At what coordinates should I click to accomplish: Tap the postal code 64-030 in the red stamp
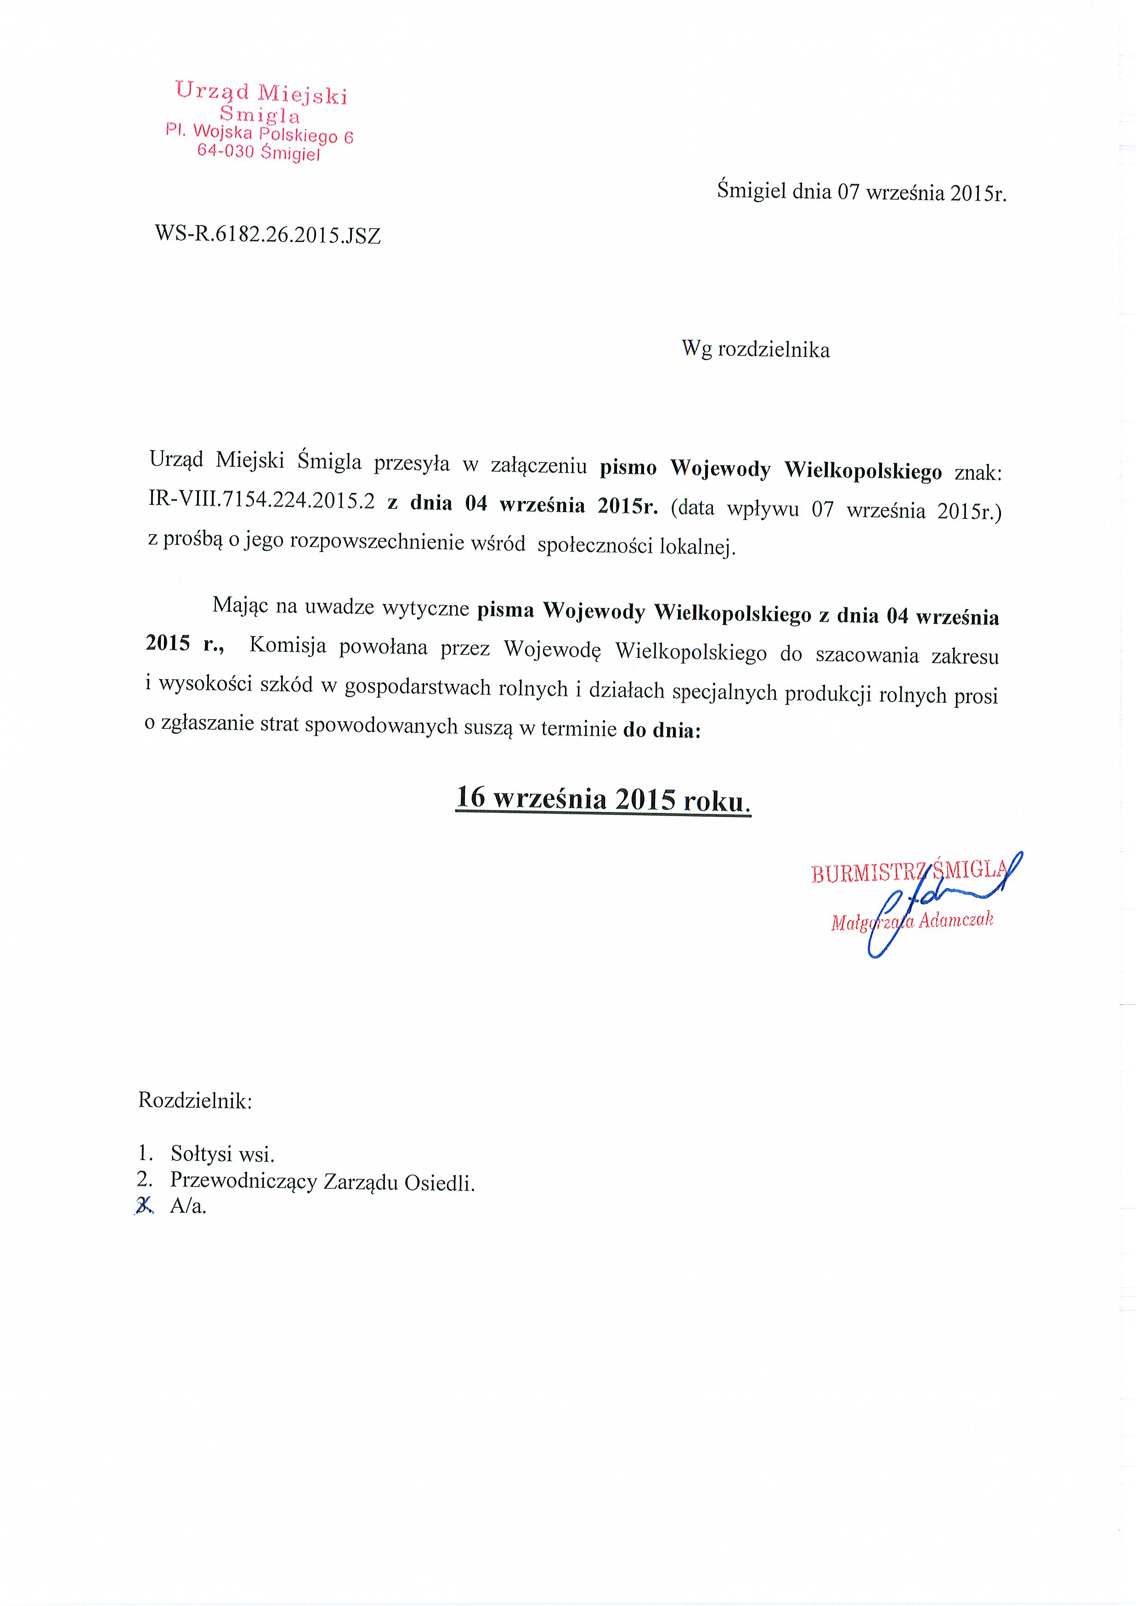[225, 150]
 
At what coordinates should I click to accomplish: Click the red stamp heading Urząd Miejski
[261, 93]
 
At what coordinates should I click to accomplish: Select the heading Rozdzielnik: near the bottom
[195, 1100]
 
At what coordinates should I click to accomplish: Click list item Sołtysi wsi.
[222, 1154]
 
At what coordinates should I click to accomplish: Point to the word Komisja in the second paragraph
[288, 645]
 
